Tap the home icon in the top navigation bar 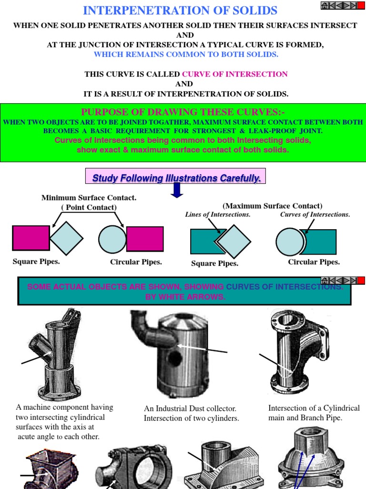(x=325, y=5)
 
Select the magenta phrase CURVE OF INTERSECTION (x=235, y=74)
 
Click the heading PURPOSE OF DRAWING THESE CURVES (x=183, y=112)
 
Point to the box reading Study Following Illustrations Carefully (x=176, y=178)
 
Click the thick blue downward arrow (x=177, y=190)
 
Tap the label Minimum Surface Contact (x=89, y=198)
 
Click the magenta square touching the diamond (x=30, y=238)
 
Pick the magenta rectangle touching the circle (x=145, y=239)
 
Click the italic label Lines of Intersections (x=218, y=214)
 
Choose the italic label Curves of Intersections (x=315, y=214)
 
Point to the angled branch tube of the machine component (x=40, y=346)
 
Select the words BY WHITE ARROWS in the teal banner (x=185, y=297)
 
